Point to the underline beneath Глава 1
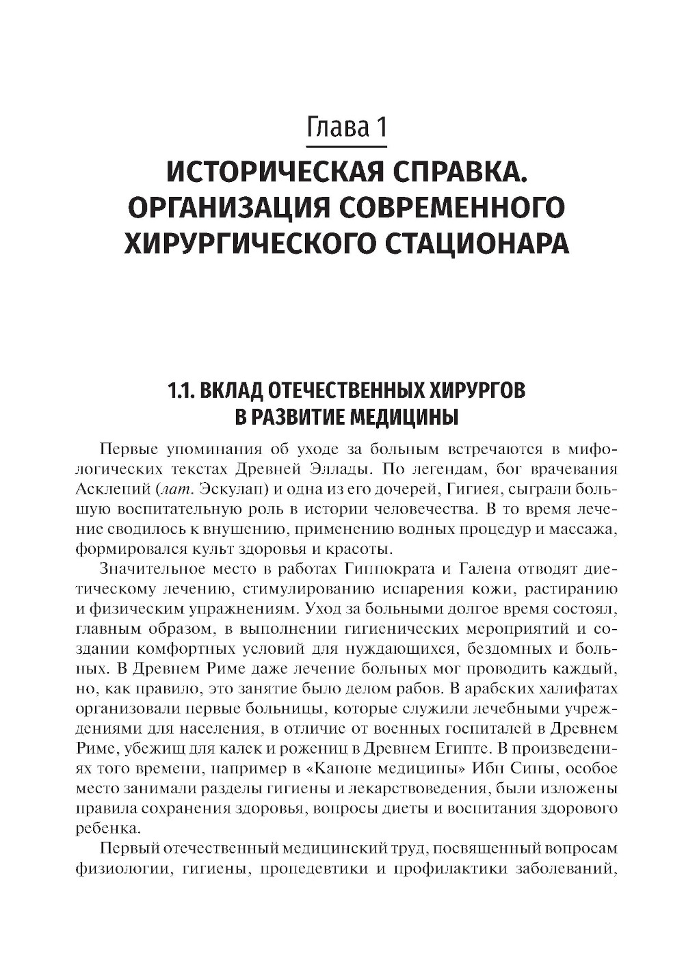tap(347, 146)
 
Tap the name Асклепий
tap(113, 489)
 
